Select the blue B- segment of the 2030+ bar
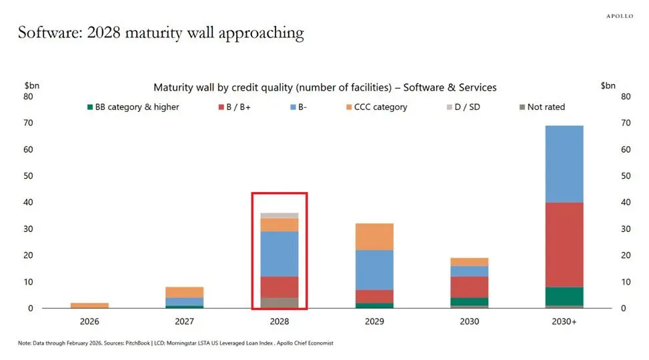(x=564, y=164)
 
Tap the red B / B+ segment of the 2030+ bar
(x=564, y=245)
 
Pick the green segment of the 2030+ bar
(x=564, y=296)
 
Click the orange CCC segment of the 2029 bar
(x=374, y=237)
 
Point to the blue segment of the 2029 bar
(x=374, y=270)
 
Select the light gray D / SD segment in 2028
(x=279, y=215)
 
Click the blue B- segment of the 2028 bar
(x=279, y=254)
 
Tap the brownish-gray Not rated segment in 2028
(x=279, y=303)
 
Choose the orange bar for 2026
(x=89, y=305)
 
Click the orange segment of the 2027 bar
(x=185, y=292)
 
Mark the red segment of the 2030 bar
(x=469, y=287)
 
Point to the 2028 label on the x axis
(x=279, y=321)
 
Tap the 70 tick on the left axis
(x=29, y=123)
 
